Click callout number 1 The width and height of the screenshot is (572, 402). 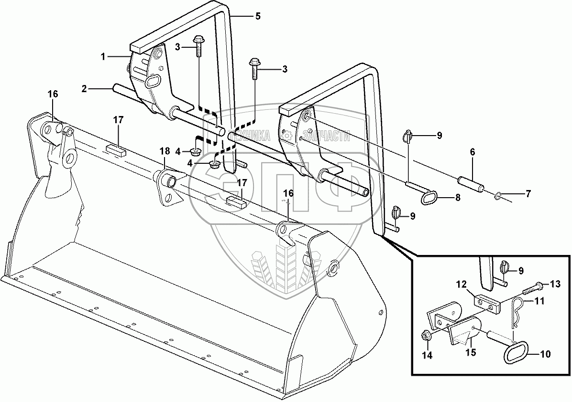[x=102, y=57]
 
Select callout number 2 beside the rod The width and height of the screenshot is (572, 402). [x=84, y=88]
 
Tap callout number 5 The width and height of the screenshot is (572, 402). [x=258, y=16]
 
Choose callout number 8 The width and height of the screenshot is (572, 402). [x=458, y=197]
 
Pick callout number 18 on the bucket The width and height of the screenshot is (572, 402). [x=165, y=151]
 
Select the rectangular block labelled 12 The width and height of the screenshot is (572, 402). [x=487, y=303]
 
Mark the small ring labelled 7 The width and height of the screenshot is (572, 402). [x=498, y=195]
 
